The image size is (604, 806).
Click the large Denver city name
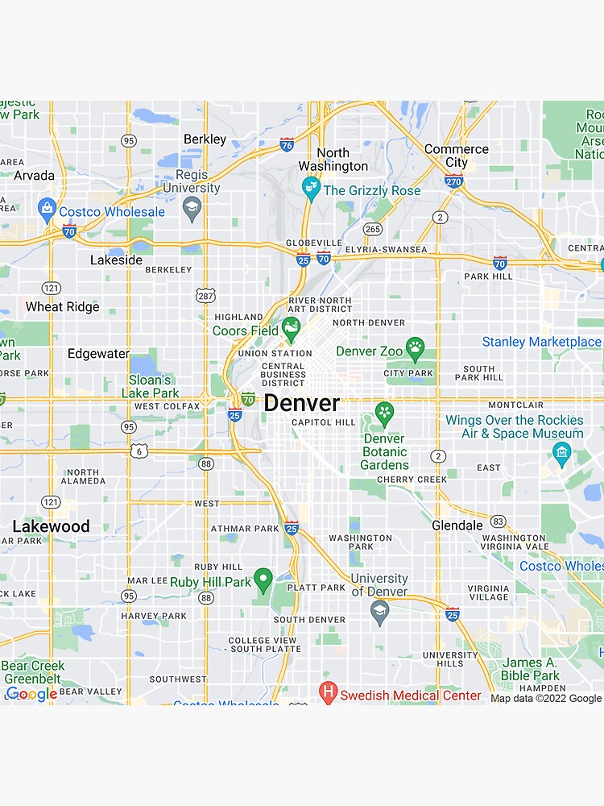(x=302, y=403)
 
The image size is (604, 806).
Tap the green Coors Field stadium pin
(x=291, y=327)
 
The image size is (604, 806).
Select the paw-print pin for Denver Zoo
(x=415, y=348)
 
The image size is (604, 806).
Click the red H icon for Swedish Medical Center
(x=328, y=692)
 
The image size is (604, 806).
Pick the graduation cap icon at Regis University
(x=192, y=210)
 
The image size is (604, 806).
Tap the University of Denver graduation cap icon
(x=379, y=611)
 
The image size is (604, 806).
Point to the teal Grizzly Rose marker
(x=310, y=189)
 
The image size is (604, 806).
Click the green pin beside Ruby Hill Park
(x=263, y=579)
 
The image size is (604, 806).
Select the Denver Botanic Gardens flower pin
(x=384, y=413)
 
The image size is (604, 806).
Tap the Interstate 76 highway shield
(x=287, y=145)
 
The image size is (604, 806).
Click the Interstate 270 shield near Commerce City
(x=454, y=182)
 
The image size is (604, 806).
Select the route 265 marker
(x=372, y=229)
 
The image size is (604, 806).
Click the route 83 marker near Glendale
(x=499, y=521)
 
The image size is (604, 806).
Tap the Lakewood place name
(x=51, y=526)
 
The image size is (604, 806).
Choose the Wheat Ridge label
(x=62, y=307)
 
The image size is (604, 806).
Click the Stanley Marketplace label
(x=541, y=342)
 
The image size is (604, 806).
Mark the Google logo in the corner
(x=31, y=694)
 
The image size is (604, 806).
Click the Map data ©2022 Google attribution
(x=546, y=698)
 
